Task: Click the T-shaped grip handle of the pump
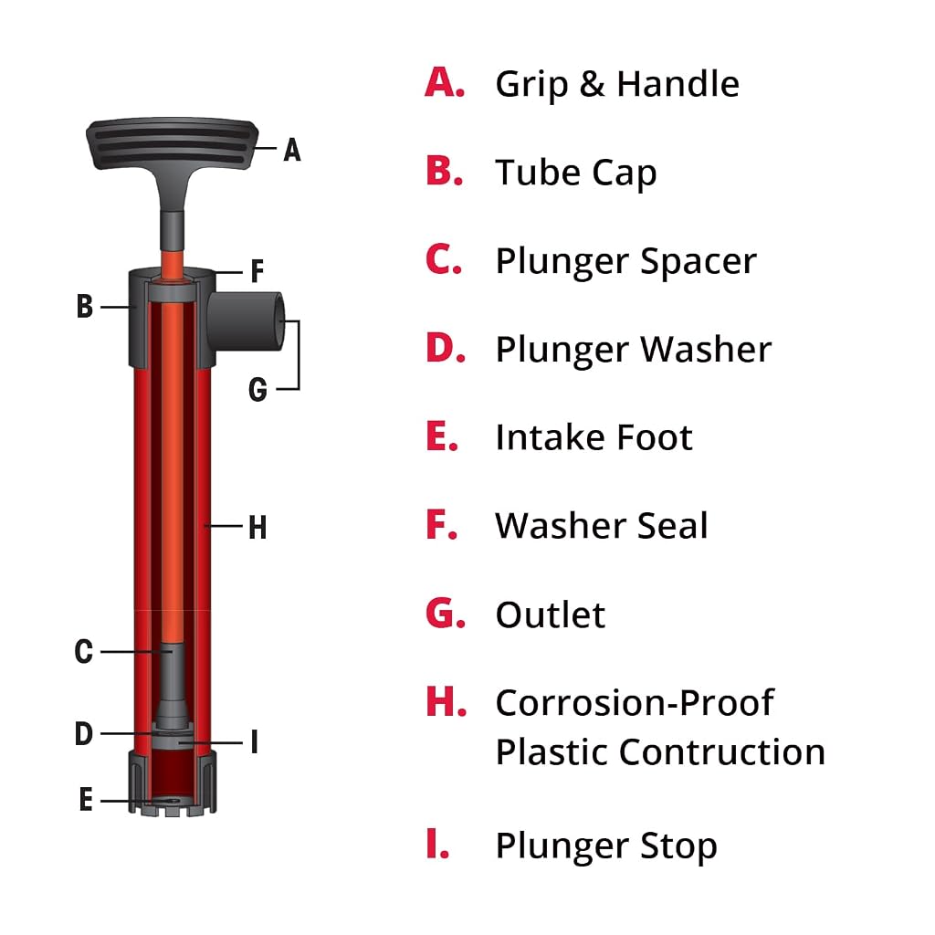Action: point(172,144)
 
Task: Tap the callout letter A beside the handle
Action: point(291,150)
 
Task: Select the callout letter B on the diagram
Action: point(85,307)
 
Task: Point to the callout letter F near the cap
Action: point(257,271)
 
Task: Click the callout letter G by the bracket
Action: point(257,390)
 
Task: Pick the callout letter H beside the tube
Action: point(257,528)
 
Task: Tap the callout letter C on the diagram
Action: point(83,651)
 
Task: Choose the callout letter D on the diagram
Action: point(83,733)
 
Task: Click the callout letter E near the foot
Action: point(86,799)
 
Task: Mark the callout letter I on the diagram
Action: point(255,742)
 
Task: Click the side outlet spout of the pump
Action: point(247,320)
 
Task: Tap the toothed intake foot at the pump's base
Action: point(172,783)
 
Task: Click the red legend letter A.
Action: point(445,82)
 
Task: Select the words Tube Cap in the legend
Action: point(576,173)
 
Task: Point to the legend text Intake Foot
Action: point(594,437)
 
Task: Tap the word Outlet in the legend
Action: point(551,615)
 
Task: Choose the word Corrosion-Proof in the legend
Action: point(635,703)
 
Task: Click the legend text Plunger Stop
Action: point(606,846)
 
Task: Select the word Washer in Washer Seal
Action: point(561,526)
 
